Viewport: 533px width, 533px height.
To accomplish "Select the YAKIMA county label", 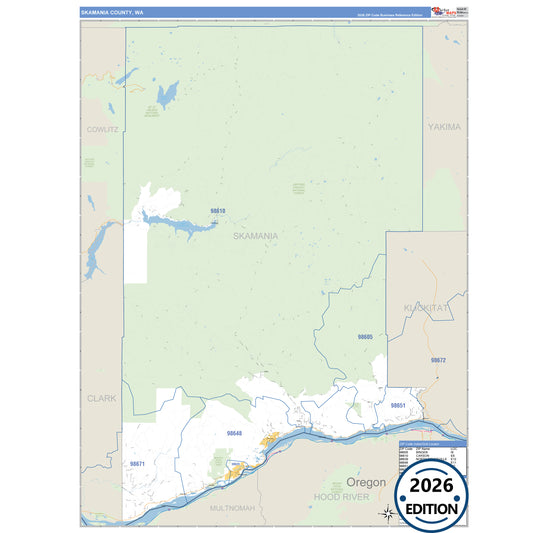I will coord(445,127).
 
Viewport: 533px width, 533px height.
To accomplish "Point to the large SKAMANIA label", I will coord(255,236).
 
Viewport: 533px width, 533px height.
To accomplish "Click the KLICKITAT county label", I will coord(426,307).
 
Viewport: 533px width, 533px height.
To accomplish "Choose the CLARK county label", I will coord(101,397).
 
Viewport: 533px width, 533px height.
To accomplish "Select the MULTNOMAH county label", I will coord(233,508).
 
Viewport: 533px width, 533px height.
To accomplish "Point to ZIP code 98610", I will coord(218,211).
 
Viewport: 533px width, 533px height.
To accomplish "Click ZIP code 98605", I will coord(365,337).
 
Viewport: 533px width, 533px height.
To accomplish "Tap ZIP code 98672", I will coord(438,359).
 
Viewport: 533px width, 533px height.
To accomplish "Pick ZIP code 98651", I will coord(398,405).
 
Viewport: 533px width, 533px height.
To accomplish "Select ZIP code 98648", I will coord(235,433).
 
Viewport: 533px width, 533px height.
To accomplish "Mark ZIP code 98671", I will coord(137,464).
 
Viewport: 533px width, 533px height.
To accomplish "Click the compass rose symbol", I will coord(387,513).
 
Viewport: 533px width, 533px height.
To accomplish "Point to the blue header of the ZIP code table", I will coord(432,443).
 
